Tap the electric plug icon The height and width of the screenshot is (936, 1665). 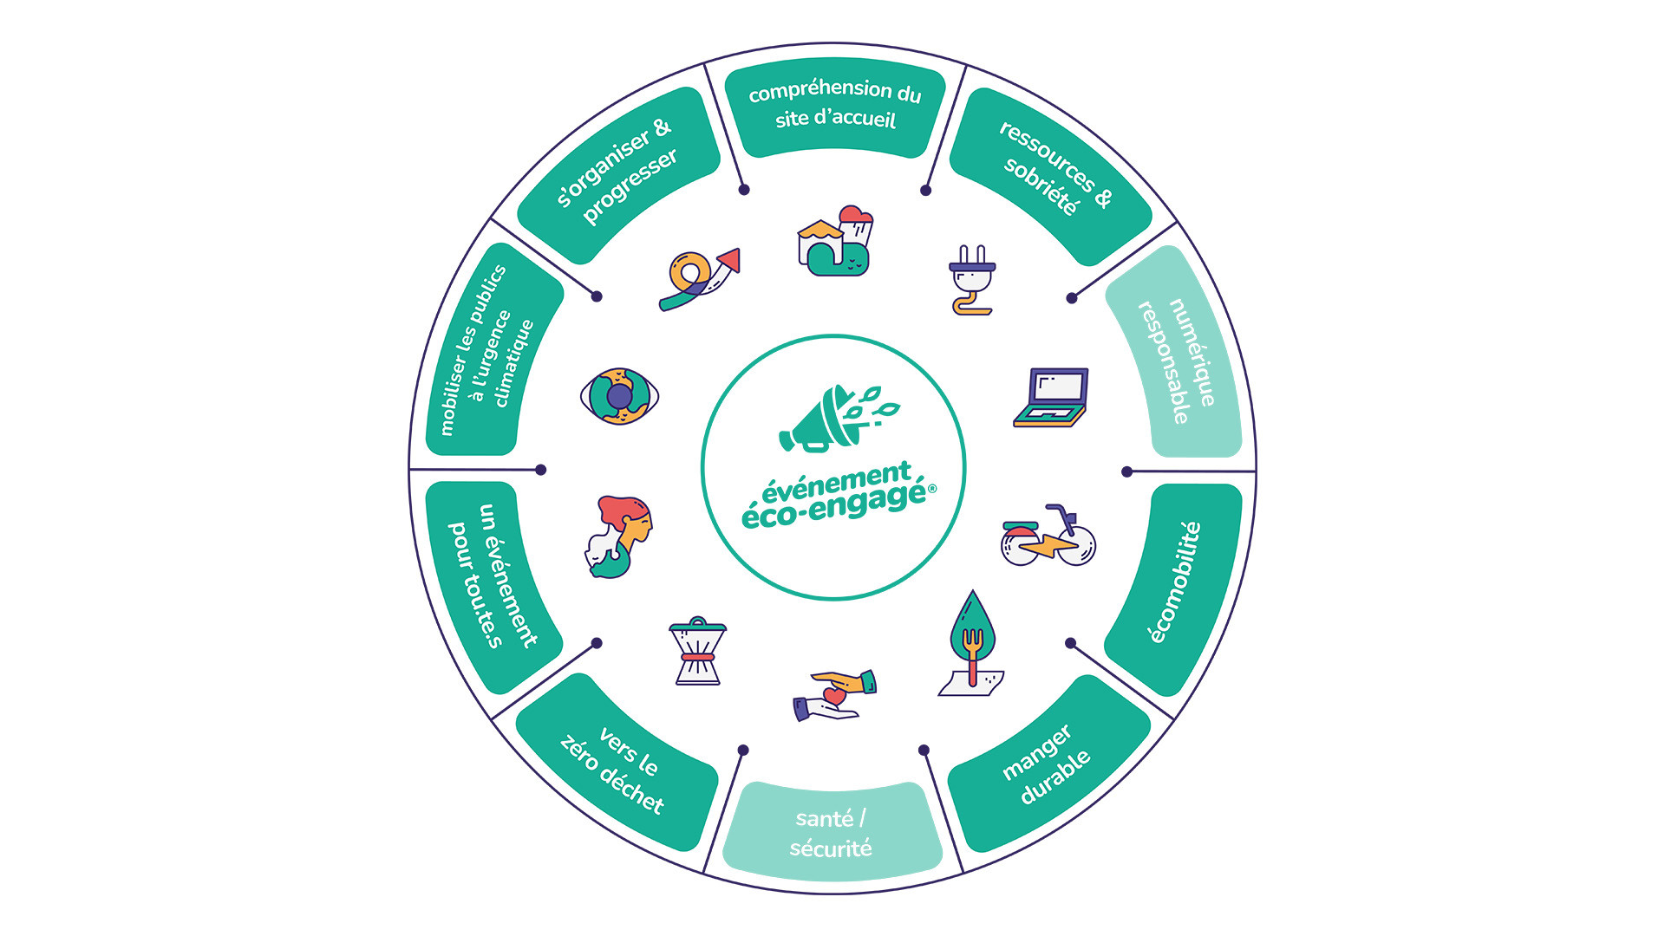(x=972, y=279)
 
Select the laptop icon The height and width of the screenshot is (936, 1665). (x=1051, y=398)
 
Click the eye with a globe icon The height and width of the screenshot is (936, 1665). (x=619, y=396)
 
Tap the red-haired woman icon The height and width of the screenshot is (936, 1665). (x=617, y=536)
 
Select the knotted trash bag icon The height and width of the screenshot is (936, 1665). (x=697, y=651)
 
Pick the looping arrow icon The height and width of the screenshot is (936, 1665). (x=698, y=279)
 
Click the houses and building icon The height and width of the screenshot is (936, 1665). (x=835, y=242)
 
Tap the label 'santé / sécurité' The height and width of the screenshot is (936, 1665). (x=832, y=833)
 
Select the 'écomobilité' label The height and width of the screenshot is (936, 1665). (x=1175, y=582)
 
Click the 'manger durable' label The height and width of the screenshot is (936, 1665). (x=1047, y=765)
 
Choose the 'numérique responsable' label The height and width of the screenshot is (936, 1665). (x=1178, y=360)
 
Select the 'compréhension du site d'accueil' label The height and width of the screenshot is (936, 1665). (x=835, y=104)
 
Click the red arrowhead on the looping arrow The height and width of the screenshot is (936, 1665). (x=730, y=259)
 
